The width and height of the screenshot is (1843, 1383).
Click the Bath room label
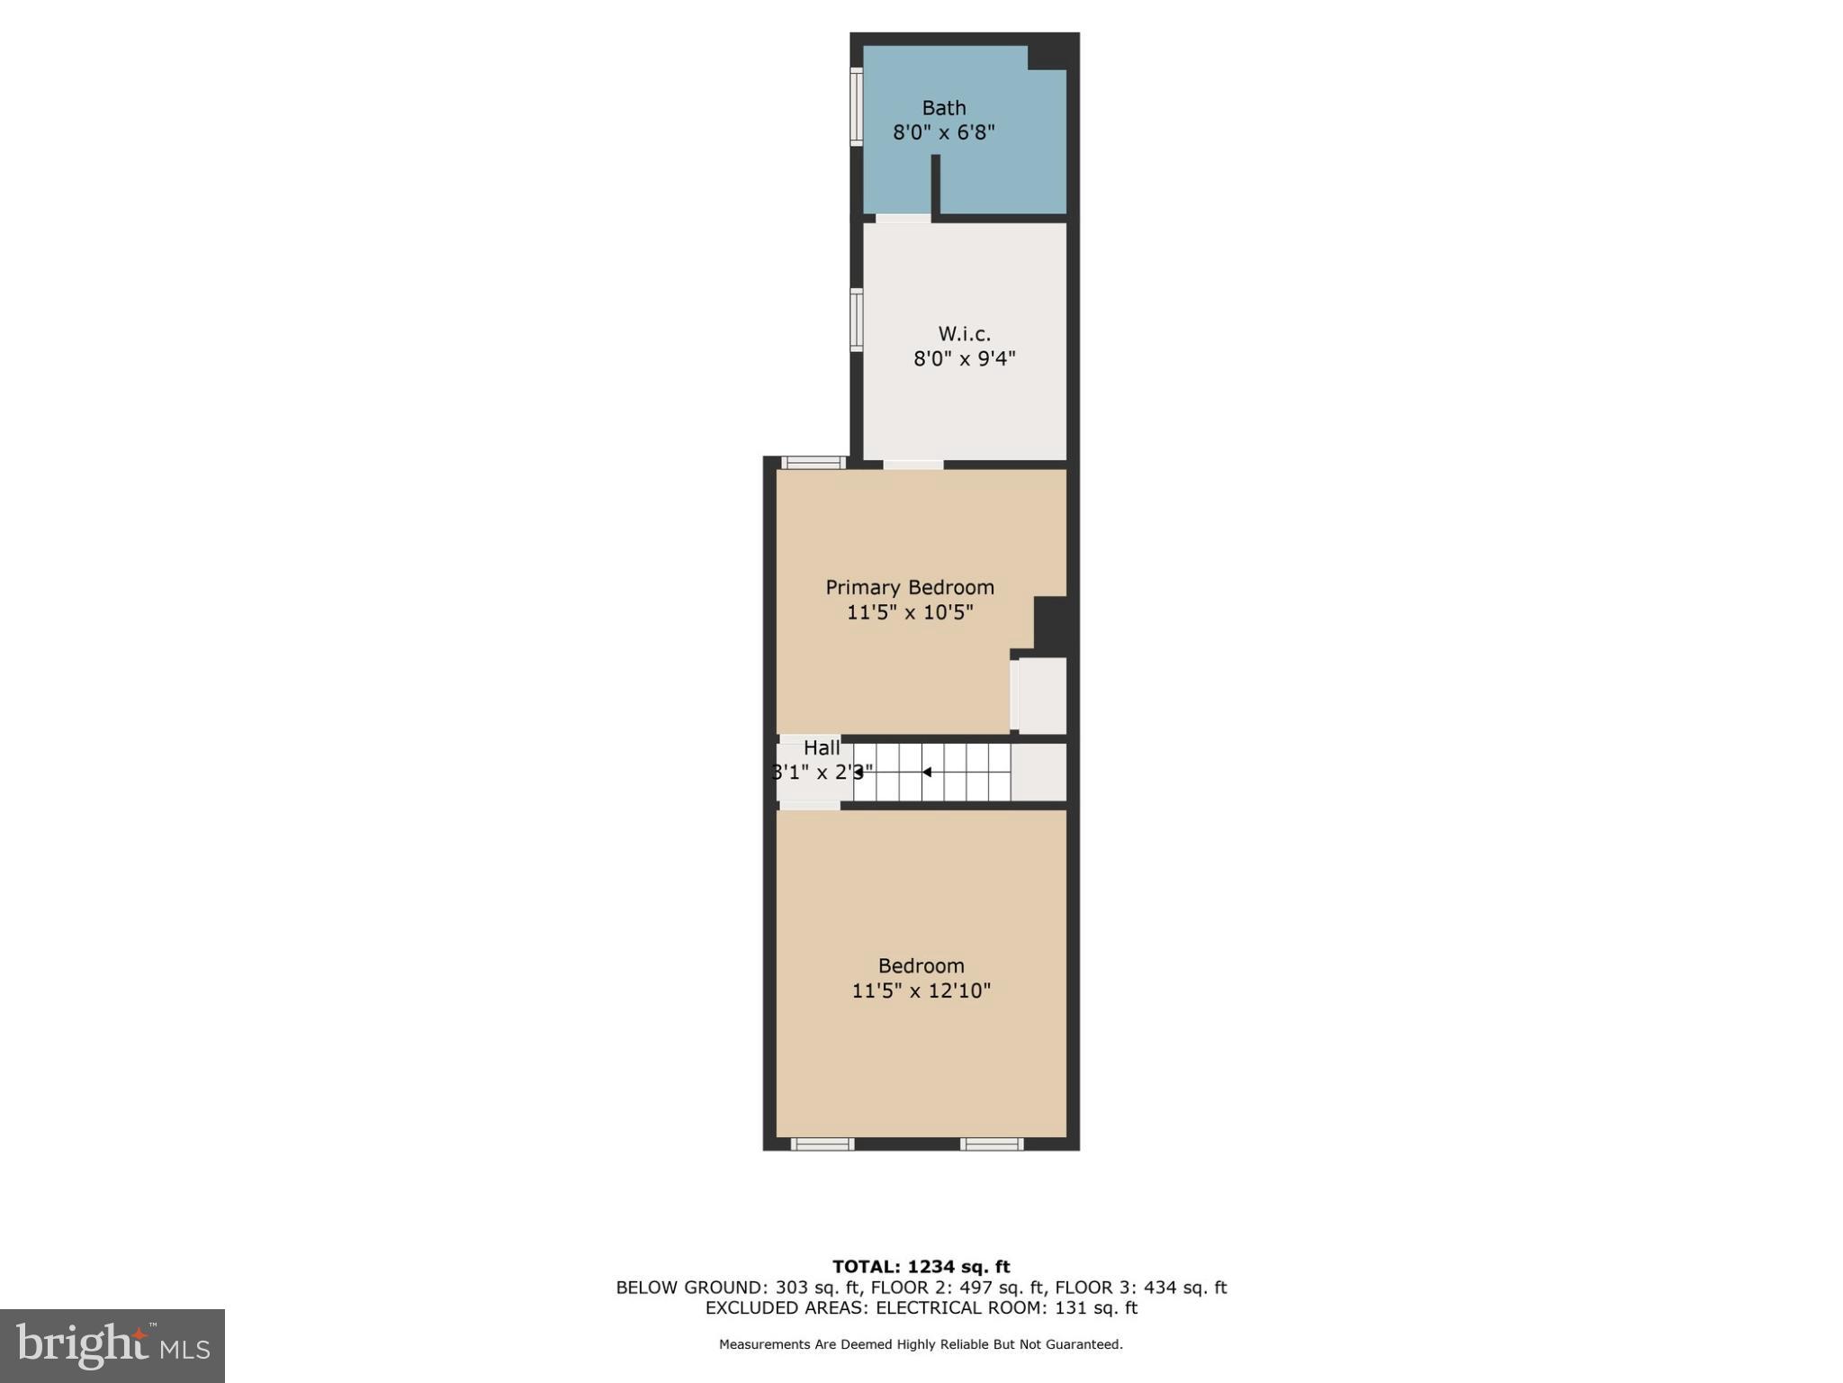pyautogui.click(x=943, y=108)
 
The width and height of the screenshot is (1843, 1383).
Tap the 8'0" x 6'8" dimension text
pyautogui.click(x=943, y=133)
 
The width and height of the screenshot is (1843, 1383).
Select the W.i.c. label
pyautogui.click(x=964, y=334)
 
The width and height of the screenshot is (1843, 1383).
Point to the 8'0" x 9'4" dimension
pyautogui.click(x=964, y=359)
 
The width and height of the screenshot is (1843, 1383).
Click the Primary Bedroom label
pyautogui.click(x=910, y=588)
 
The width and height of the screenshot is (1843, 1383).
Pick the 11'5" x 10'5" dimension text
pyautogui.click(x=910, y=613)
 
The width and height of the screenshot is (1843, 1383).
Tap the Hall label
pyautogui.click(x=821, y=748)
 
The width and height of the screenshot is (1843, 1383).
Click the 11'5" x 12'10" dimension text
pyautogui.click(x=921, y=991)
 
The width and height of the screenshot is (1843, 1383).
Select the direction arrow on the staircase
pyautogui.click(x=927, y=773)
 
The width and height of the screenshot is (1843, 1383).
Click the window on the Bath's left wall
pyautogui.click(x=857, y=107)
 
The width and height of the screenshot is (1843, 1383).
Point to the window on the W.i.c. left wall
pyautogui.click(x=857, y=320)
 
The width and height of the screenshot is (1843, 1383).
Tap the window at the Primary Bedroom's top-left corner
pyautogui.click(x=814, y=463)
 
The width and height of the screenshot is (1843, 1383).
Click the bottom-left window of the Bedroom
pyautogui.click(x=822, y=1144)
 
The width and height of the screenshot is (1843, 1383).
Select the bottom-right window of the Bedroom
pyautogui.click(x=991, y=1144)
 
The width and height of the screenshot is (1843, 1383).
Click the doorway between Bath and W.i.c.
pyautogui.click(x=903, y=218)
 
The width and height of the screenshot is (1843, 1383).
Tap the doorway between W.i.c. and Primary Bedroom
pyautogui.click(x=913, y=465)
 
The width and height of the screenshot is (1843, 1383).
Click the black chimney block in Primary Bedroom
pyautogui.click(x=1050, y=622)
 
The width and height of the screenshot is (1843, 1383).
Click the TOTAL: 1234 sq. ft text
pyautogui.click(x=921, y=1267)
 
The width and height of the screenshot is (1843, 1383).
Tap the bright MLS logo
pyautogui.click(x=112, y=1345)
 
